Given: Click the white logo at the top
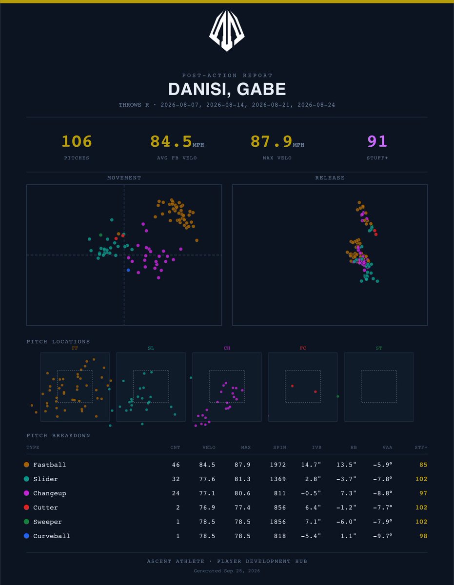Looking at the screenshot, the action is (227, 30).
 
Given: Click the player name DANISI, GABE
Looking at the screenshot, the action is (227, 89).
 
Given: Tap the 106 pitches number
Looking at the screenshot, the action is (77, 141).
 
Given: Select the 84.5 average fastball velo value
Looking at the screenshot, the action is (171, 141).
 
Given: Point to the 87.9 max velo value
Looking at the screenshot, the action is (272, 141).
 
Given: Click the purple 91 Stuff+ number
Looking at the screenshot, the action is (377, 141).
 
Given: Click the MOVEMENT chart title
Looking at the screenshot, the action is (124, 178).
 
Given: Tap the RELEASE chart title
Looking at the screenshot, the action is (330, 178).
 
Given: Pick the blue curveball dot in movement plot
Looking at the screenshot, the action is (128, 270).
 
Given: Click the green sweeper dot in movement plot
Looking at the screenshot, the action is (101, 235).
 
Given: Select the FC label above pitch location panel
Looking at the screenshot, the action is (303, 348).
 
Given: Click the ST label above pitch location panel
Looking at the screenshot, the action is (379, 348).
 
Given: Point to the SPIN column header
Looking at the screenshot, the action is (280, 448).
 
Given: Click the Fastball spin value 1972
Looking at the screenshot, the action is (278, 465).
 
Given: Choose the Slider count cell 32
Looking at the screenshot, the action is (176, 479).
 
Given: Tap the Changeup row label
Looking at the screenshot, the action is (50, 493).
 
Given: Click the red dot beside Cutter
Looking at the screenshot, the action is (26, 507).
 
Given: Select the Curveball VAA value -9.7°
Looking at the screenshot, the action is (383, 536).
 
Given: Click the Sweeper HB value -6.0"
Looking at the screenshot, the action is (346, 522).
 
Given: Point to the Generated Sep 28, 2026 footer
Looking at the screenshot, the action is (227, 571).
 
